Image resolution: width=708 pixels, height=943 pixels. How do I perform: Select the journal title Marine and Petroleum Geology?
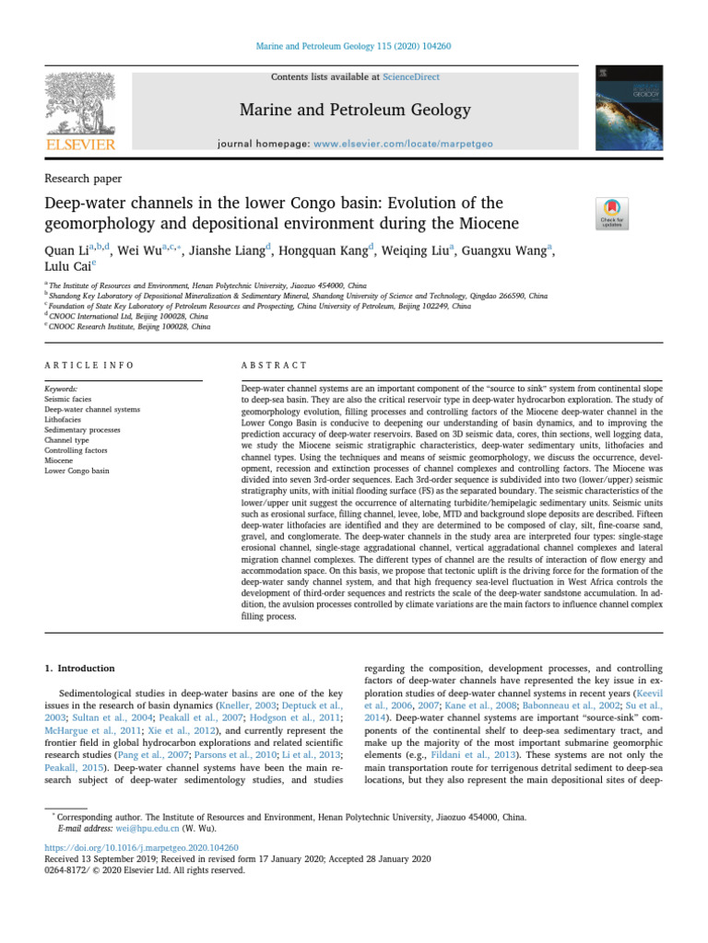[354, 111]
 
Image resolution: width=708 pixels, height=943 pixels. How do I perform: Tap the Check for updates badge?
[613, 214]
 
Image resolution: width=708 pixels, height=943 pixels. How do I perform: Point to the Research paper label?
[83, 179]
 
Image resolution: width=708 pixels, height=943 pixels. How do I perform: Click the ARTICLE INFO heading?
[89, 366]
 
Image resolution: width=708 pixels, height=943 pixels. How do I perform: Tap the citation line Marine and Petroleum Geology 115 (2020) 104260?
[353, 46]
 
